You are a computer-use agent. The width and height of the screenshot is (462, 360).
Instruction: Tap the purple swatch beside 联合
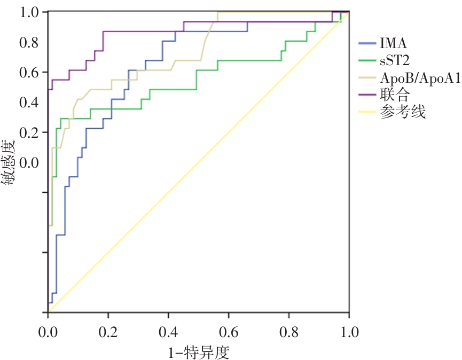point(367,95)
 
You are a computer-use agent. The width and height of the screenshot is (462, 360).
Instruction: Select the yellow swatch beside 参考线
point(367,113)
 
